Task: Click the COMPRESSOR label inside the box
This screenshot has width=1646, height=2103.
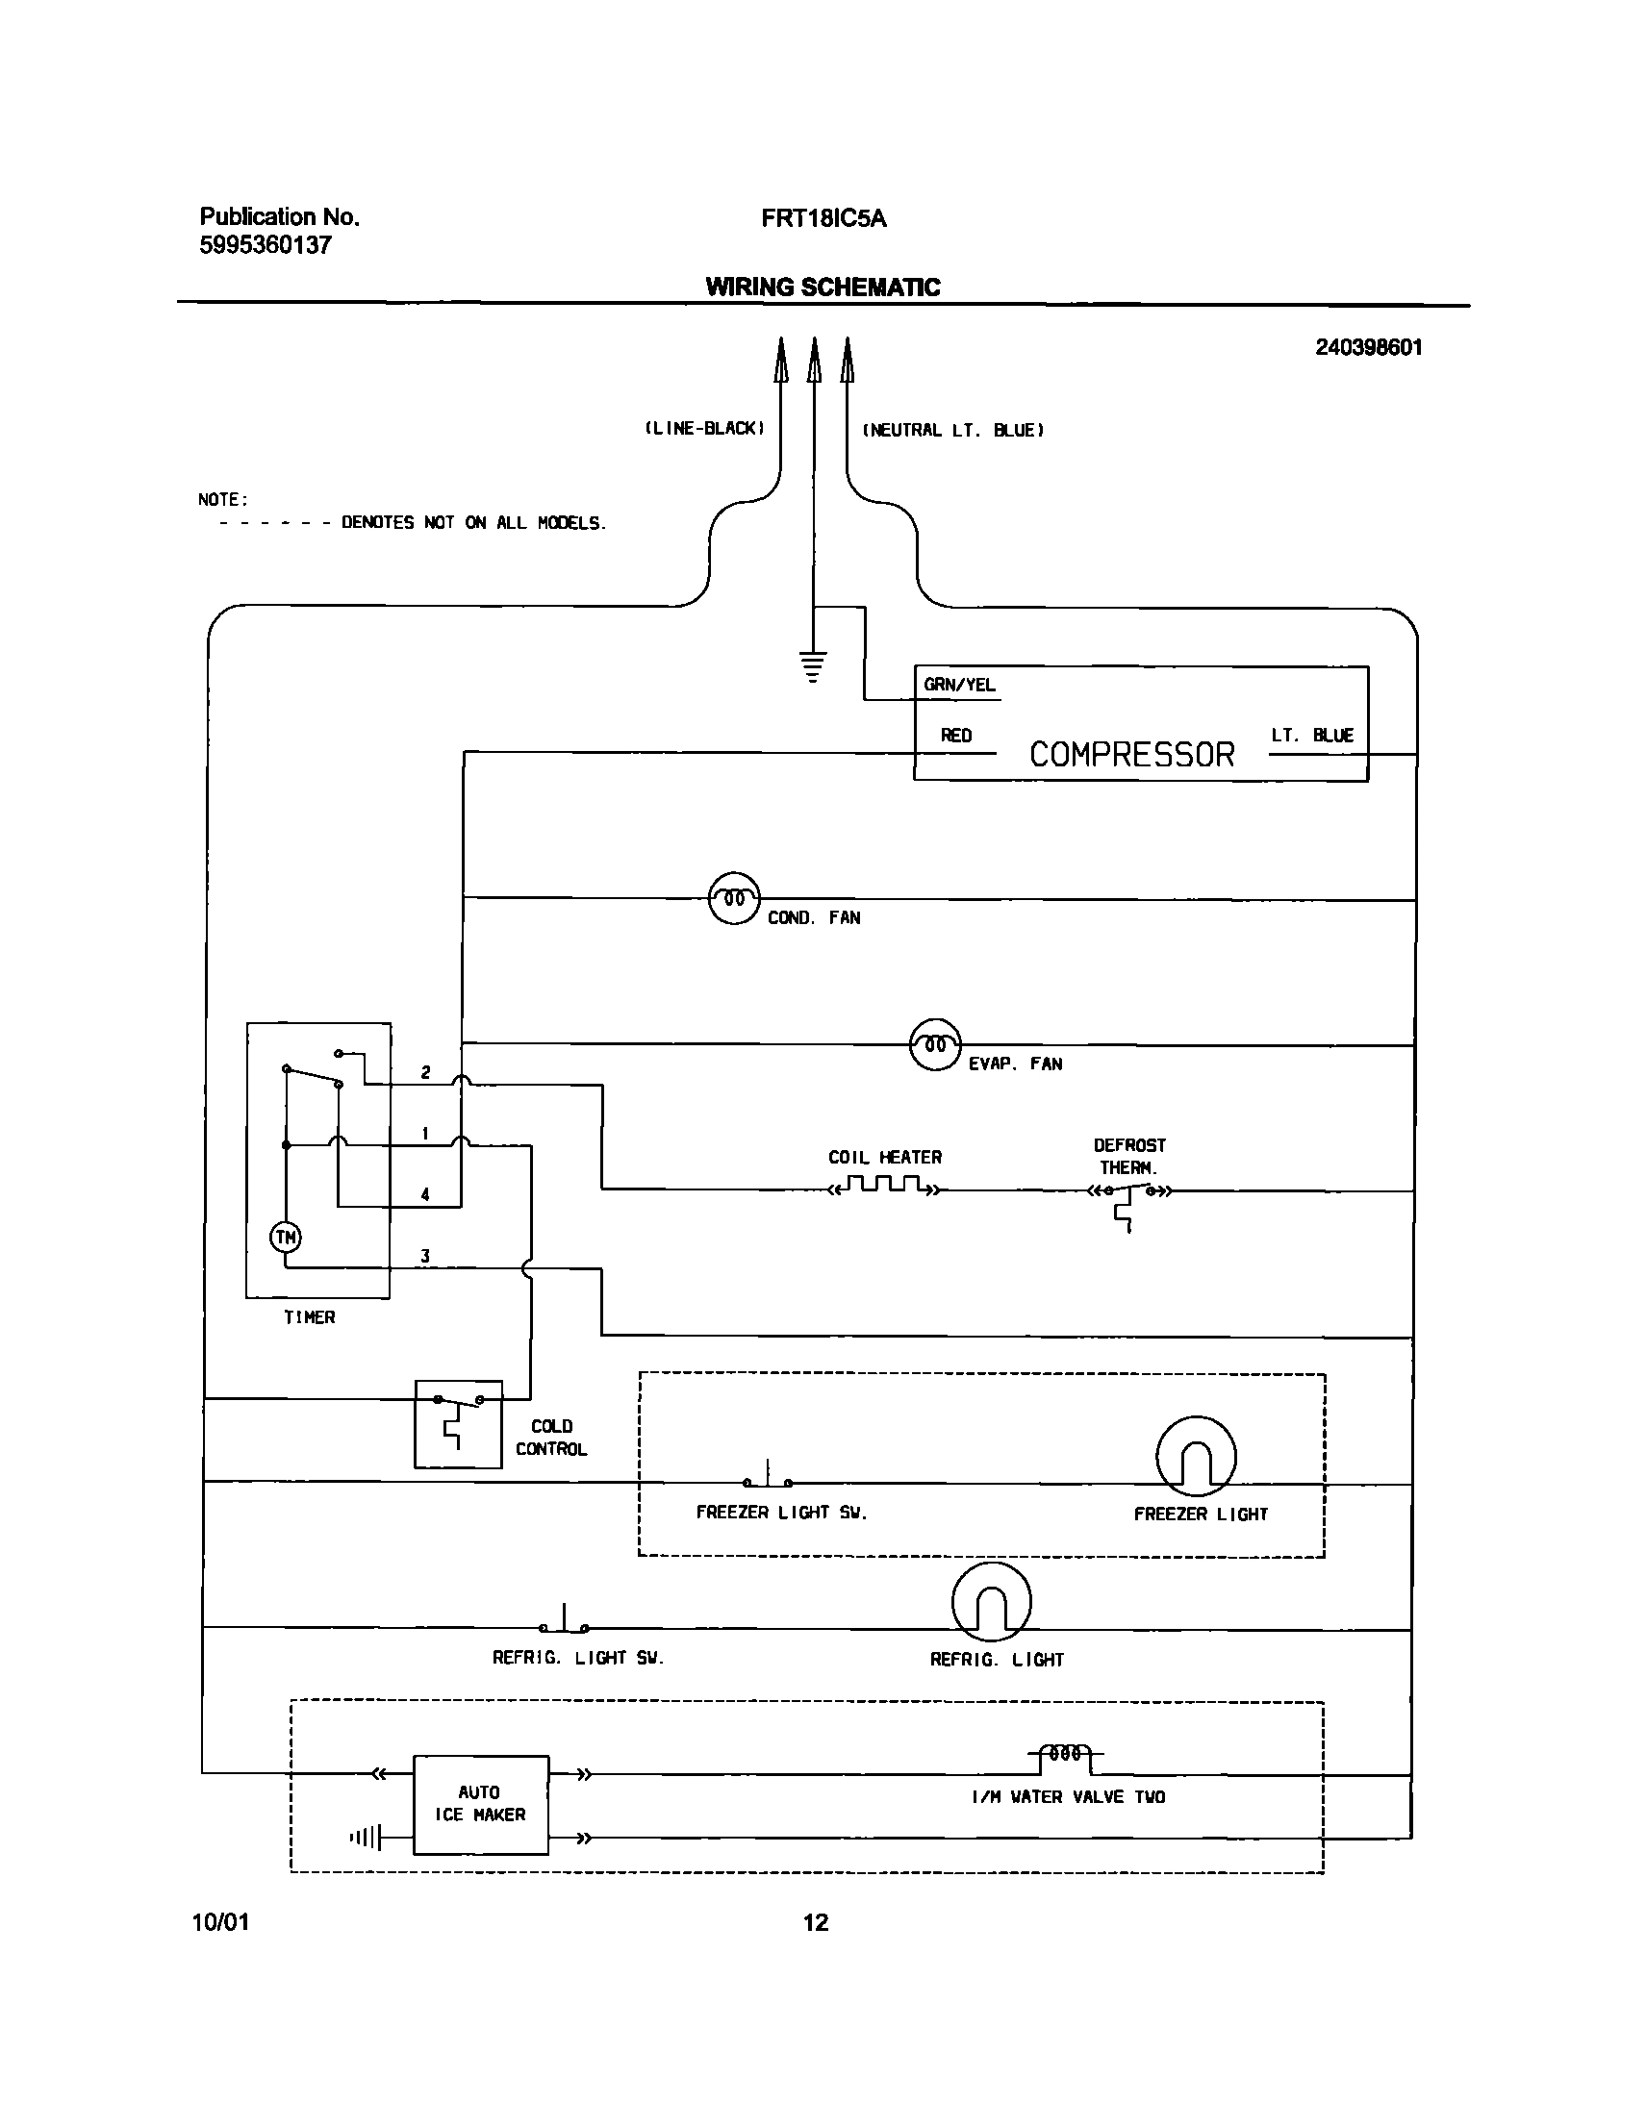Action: (x=1131, y=754)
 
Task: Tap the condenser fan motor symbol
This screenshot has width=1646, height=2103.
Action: (x=734, y=898)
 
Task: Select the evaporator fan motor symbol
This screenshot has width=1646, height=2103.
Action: (x=935, y=1044)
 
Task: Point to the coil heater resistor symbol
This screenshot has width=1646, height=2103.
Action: (x=884, y=1186)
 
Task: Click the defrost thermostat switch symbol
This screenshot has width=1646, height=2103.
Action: (x=1129, y=1197)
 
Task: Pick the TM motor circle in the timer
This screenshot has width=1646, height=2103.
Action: (x=286, y=1237)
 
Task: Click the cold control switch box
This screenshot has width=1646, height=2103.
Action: (x=458, y=1424)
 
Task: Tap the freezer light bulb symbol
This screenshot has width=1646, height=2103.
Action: (x=1195, y=1456)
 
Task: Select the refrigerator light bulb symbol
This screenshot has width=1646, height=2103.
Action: (x=991, y=1601)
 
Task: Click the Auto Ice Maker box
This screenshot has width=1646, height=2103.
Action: (x=481, y=1804)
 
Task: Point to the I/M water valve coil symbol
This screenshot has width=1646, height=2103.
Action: (x=1066, y=1754)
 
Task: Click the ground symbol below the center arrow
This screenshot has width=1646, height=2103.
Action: (x=813, y=666)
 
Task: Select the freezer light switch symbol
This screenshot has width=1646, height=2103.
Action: (x=768, y=1479)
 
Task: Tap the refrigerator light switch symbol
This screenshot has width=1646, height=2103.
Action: (x=564, y=1623)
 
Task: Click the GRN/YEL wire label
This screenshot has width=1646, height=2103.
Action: (x=959, y=685)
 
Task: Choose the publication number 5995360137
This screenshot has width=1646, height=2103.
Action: (x=265, y=245)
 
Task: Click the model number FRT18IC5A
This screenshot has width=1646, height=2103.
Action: (x=823, y=218)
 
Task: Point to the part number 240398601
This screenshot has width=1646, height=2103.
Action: (x=1368, y=348)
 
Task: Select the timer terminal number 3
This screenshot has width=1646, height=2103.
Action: (x=424, y=1256)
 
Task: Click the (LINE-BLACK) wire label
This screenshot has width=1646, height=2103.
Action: (x=704, y=429)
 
